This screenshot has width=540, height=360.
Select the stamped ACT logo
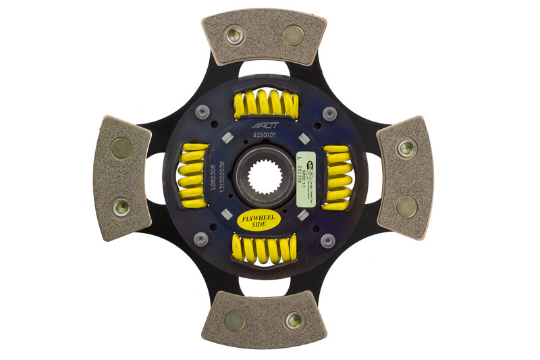click(x=263, y=125)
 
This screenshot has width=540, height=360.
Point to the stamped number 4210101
click(x=264, y=135)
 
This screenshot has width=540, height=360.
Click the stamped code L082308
click(x=212, y=178)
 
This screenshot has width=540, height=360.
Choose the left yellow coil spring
click(x=193, y=175)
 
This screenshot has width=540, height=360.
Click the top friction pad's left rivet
click(x=234, y=34)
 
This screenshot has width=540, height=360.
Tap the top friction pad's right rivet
click(x=294, y=34)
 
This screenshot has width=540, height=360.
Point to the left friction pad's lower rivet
click(x=122, y=207)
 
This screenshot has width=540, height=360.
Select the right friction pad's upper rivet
click(x=406, y=148)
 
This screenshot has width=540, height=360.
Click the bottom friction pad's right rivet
click(x=294, y=320)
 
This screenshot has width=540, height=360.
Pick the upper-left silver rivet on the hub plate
click(x=200, y=113)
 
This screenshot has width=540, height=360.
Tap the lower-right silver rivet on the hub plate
click(x=327, y=240)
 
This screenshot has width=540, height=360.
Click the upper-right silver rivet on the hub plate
click(x=329, y=113)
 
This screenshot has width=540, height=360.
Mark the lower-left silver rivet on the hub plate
click(x=200, y=239)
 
